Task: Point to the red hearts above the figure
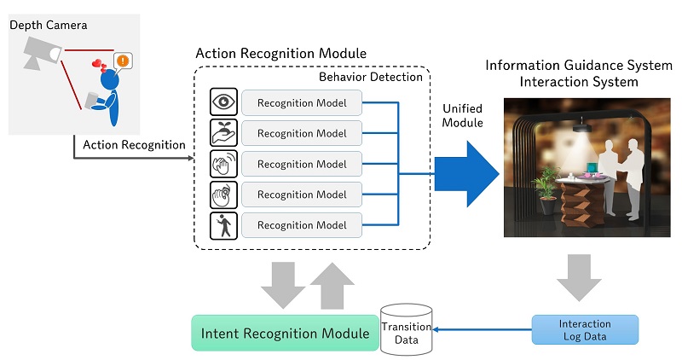point(101,66)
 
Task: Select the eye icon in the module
point(223,102)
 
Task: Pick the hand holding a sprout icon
point(223,133)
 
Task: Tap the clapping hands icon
point(223,164)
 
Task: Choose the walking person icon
point(223,225)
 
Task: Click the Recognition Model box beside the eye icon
point(302,103)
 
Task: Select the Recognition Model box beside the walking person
point(302,226)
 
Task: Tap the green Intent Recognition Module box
point(285,333)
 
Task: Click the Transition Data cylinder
point(406,330)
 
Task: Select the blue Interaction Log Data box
point(585,330)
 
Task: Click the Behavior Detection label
point(371,78)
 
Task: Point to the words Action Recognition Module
point(281,53)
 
